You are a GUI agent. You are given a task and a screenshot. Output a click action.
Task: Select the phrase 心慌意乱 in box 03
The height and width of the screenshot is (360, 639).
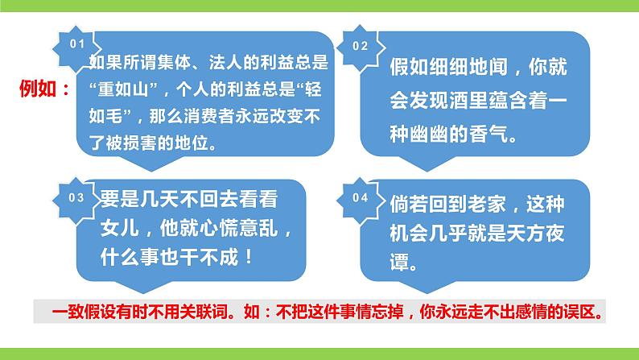[x=238, y=229]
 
